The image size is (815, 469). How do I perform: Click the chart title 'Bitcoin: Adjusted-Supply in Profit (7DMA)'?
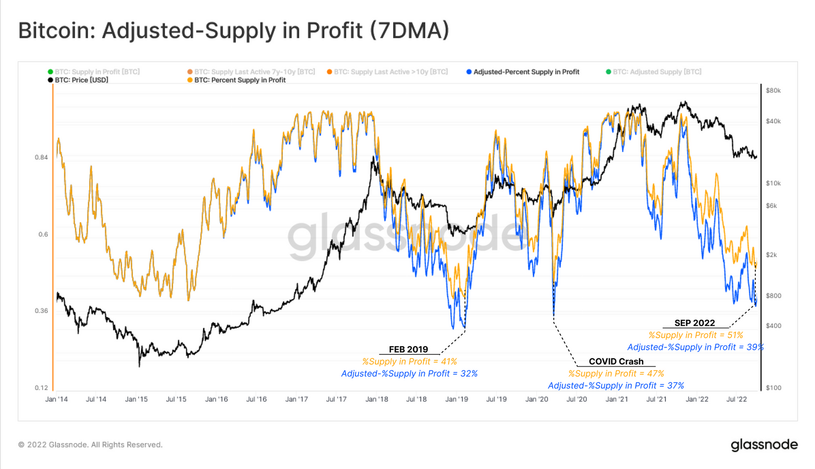[x=234, y=31]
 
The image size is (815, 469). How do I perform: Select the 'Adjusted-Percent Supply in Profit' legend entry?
[x=523, y=72]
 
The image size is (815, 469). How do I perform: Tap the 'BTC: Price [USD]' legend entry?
[x=78, y=80]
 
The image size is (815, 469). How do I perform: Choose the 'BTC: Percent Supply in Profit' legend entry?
[x=236, y=80]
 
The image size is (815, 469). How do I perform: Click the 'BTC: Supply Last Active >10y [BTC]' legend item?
[x=387, y=72]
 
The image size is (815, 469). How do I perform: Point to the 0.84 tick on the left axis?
[x=41, y=158]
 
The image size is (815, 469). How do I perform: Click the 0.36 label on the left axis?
[x=41, y=311]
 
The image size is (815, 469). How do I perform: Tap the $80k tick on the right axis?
[x=773, y=91]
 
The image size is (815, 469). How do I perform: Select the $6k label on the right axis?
[x=771, y=206]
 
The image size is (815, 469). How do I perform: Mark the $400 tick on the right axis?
[x=773, y=326]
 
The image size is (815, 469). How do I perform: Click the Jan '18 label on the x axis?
[x=376, y=400]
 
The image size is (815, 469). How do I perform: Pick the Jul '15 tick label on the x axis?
[x=176, y=400]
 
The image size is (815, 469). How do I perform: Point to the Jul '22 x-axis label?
[x=737, y=400]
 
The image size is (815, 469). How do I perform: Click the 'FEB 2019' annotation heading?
[x=408, y=350]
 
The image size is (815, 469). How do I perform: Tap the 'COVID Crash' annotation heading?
[x=616, y=361]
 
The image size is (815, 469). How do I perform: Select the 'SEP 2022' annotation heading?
[x=695, y=323]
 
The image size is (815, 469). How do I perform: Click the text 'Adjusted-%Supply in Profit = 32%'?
[x=410, y=374]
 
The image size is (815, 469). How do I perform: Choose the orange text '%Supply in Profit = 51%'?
[x=696, y=335]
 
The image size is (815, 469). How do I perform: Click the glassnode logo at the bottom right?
[x=764, y=445]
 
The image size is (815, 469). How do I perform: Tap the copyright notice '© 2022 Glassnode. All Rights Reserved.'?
[x=90, y=445]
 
